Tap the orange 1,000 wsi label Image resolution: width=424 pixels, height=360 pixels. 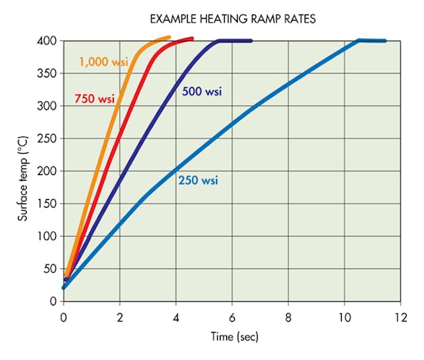click(x=103, y=62)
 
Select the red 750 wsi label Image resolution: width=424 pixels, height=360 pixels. click(x=94, y=99)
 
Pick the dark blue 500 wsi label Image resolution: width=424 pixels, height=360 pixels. click(x=202, y=91)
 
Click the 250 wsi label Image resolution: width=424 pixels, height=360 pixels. click(x=198, y=180)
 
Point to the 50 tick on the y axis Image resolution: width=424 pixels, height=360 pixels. click(x=49, y=269)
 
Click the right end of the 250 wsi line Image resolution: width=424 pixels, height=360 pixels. click(x=385, y=41)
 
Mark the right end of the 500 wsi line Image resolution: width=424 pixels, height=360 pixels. click(x=251, y=40)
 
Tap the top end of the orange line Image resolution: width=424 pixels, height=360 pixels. click(x=169, y=37)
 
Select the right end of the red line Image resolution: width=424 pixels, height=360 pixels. click(x=192, y=38)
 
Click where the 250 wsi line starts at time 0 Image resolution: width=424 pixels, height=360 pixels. click(x=64, y=287)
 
